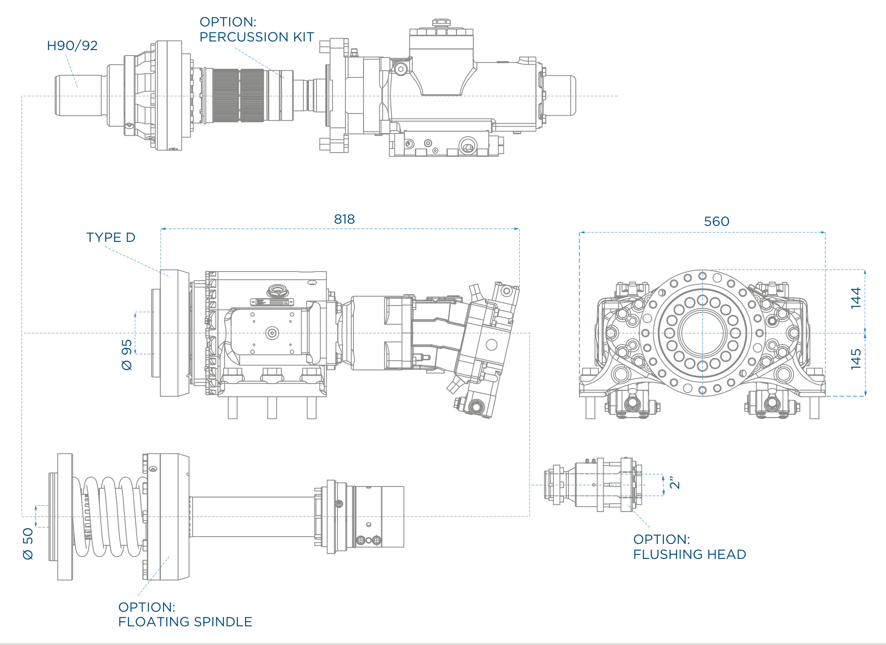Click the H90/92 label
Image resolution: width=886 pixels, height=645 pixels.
(72, 46)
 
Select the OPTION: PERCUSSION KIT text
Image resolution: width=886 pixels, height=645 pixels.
(257, 30)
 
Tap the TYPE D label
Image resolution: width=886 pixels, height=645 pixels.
(111, 237)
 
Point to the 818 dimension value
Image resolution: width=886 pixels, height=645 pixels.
(344, 219)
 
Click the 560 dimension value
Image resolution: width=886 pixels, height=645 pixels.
(717, 221)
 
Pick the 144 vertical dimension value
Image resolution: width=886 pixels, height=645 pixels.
(856, 298)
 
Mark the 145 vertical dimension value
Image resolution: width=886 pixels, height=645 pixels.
(856, 359)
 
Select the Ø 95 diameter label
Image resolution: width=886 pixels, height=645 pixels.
(127, 354)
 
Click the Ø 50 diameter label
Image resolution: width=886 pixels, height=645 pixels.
(28, 543)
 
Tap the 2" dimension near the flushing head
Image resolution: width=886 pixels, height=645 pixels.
(675, 482)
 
